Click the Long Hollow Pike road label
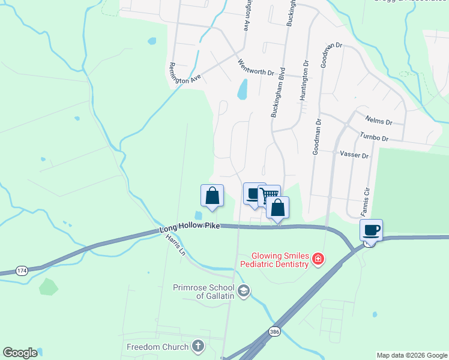click(190, 229)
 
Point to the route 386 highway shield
click(274, 331)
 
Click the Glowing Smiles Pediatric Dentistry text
click(275, 259)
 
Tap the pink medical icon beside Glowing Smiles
click(318, 259)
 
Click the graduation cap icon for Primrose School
click(243, 292)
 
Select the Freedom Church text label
click(157, 347)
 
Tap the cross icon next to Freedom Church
click(198, 346)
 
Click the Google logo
click(20, 353)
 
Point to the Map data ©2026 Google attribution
click(411, 355)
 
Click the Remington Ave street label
click(185, 73)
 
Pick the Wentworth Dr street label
click(256, 67)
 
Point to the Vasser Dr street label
click(354, 154)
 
